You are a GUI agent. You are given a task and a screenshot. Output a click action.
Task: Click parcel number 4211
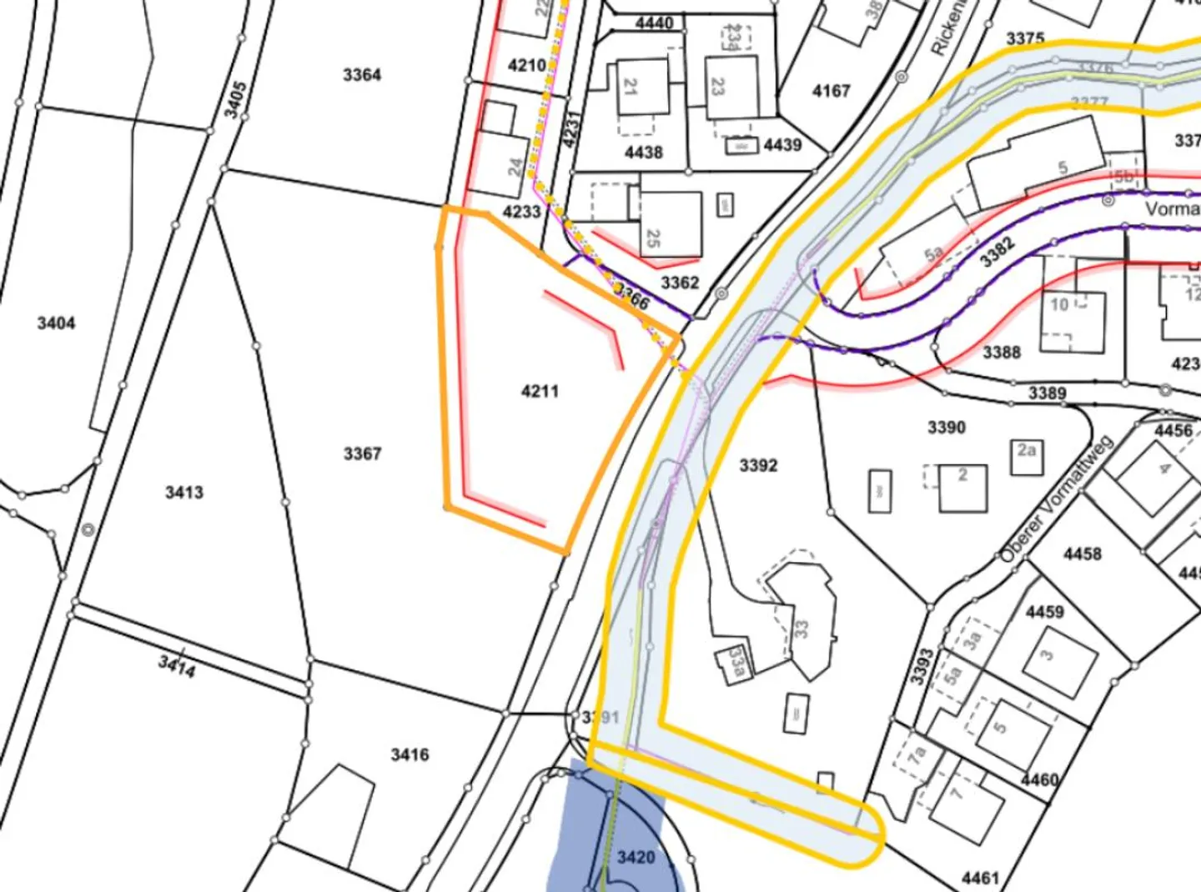click(540, 390)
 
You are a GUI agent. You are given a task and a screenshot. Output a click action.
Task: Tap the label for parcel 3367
click(362, 454)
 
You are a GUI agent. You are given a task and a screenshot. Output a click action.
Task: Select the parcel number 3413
click(183, 492)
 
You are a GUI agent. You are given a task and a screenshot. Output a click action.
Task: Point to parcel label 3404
click(56, 323)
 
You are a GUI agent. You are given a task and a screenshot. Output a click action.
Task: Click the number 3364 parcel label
click(362, 75)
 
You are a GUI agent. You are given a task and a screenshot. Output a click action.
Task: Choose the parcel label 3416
click(410, 754)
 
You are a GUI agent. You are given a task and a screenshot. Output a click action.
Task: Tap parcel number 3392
click(758, 465)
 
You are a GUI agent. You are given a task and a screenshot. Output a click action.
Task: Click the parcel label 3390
click(947, 428)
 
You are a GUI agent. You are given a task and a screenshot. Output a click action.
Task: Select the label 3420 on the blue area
click(636, 857)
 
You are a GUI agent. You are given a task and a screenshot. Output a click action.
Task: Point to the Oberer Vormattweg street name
click(1057, 498)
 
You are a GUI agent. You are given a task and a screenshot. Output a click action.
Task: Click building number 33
click(802, 627)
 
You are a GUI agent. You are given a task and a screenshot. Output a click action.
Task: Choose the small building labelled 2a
click(1027, 455)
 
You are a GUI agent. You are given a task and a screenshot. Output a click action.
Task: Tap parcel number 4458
click(1082, 554)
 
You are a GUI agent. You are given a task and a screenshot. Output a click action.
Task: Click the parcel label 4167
click(832, 90)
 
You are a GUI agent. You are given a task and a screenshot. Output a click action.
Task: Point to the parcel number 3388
click(1001, 352)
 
